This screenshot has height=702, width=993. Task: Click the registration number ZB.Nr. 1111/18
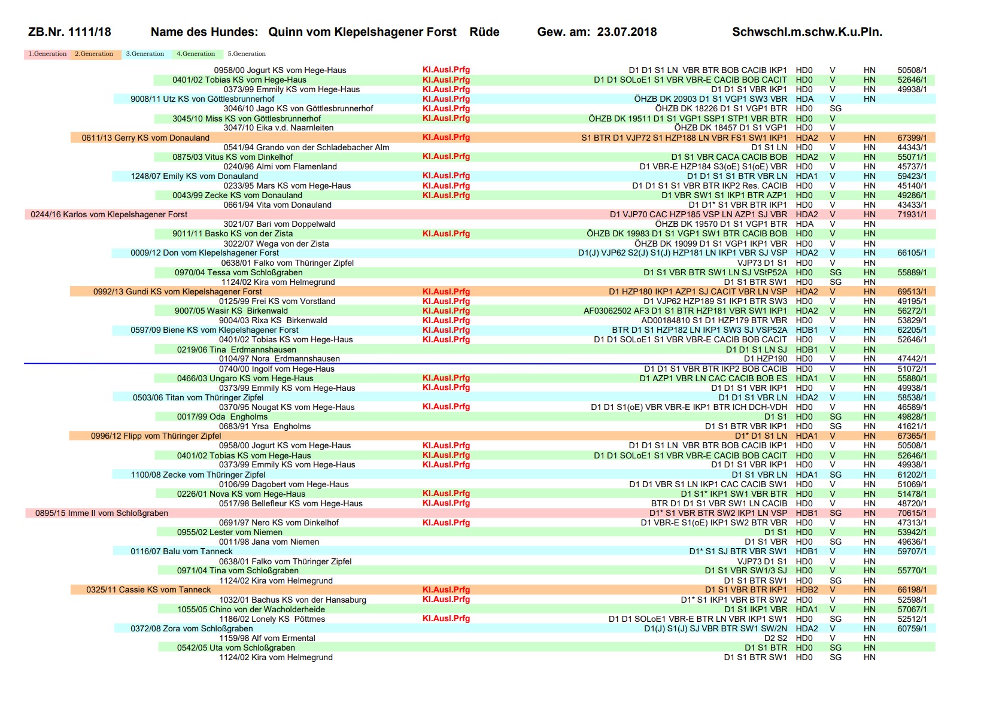click(x=69, y=32)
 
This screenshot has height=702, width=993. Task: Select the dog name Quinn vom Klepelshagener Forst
click(x=362, y=32)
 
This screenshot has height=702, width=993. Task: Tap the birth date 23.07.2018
click(x=627, y=32)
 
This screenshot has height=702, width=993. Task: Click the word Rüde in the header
click(x=484, y=32)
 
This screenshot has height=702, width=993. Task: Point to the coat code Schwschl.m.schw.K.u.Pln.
click(x=807, y=32)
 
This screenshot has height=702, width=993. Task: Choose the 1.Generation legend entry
click(x=48, y=54)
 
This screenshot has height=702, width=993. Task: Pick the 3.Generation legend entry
click(x=145, y=54)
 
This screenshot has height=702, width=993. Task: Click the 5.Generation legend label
click(x=247, y=54)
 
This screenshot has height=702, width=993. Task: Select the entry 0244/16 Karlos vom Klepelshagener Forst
click(x=109, y=214)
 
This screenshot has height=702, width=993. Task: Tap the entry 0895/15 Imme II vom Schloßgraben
click(x=102, y=513)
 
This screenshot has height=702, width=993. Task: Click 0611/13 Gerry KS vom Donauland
click(x=145, y=138)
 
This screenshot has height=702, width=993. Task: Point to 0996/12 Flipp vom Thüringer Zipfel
click(x=156, y=436)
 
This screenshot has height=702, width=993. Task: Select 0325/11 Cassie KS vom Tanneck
click(x=148, y=589)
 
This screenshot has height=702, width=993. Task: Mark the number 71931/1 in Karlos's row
click(x=912, y=214)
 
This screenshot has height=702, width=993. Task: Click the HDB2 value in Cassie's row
click(x=806, y=589)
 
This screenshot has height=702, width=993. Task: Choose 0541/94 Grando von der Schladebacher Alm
click(x=306, y=147)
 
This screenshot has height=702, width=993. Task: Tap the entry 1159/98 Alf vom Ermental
click(x=267, y=638)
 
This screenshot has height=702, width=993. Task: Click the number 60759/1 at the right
click(x=912, y=628)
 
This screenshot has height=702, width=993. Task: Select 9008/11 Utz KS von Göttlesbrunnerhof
click(x=202, y=99)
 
